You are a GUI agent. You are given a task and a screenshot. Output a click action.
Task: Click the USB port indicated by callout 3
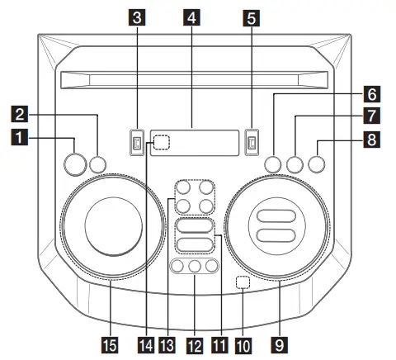136,144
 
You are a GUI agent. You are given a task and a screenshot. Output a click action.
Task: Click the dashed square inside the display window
161,144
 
